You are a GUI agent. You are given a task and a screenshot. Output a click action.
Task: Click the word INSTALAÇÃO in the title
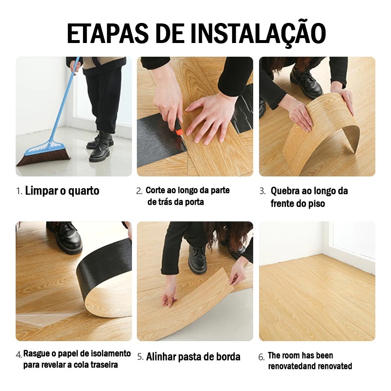coord(259,34)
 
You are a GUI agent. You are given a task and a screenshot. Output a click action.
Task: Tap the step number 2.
coord(139,191)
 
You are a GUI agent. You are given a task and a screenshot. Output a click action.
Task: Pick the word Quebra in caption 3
coord(285,191)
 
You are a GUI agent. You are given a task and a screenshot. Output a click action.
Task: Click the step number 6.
coord(261,358)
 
